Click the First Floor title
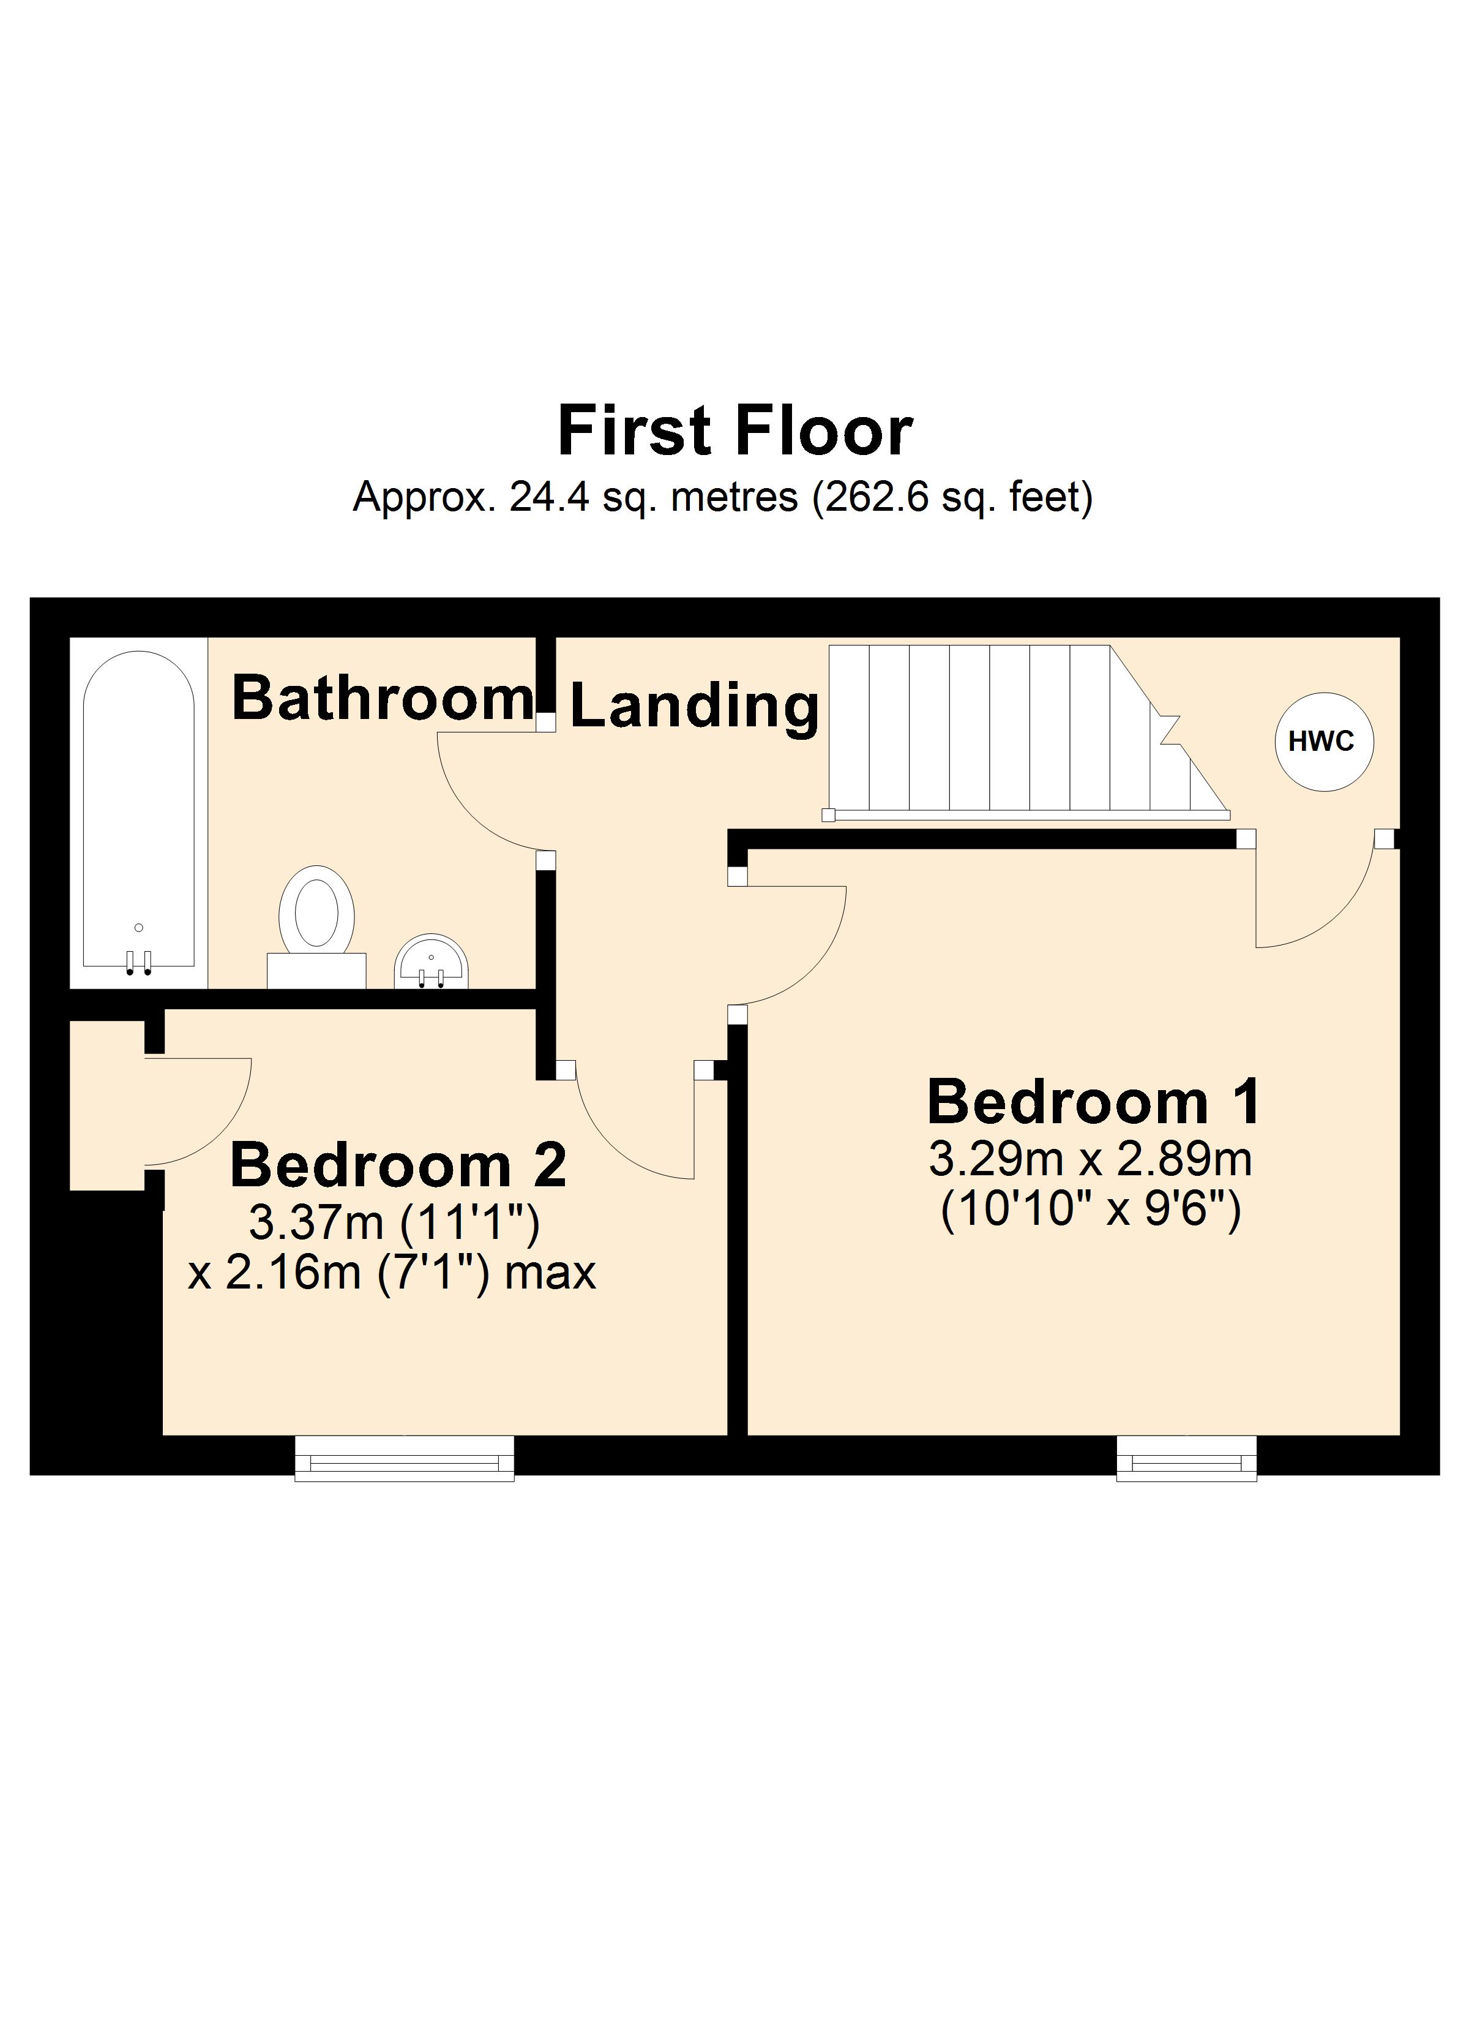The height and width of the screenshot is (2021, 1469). click(735, 431)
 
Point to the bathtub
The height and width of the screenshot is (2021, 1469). click(139, 811)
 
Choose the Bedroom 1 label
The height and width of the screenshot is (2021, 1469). click(1094, 1102)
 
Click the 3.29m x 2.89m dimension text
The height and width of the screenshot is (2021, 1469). click(1090, 1159)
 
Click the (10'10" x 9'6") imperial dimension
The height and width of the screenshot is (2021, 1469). click(1090, 1210)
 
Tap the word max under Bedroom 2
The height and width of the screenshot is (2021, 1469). click(550, 1273)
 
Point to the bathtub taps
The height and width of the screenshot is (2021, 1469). click(138, 962)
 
